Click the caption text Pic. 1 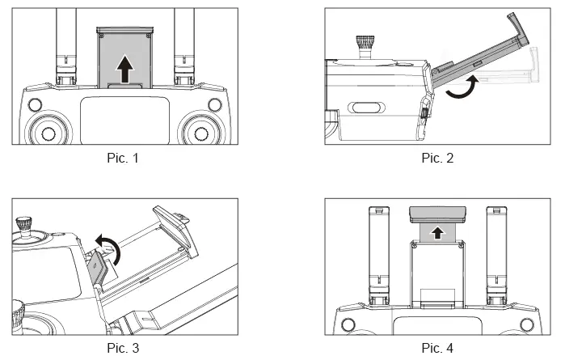tap(124, 158)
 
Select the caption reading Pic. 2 tap(437, 158)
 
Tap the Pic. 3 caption tap(124, 348)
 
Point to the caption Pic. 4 tap(437, 348)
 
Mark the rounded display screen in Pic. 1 tap(124, 121)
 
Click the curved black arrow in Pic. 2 tap(457, 90)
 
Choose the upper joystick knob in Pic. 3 tap(26, 224)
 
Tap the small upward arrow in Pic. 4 tap(437, 234)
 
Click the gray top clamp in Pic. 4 tap(437, 214)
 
